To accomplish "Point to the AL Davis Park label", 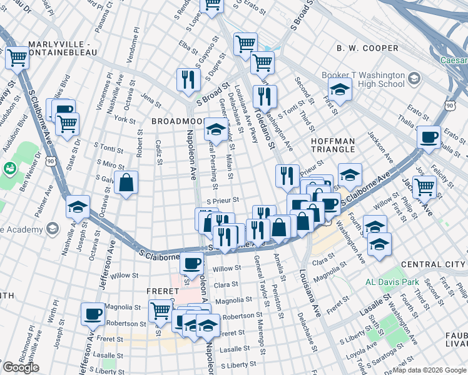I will coord(392,282).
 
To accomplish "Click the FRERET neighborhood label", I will coord(163,291).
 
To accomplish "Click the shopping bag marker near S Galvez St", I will coord(126,183).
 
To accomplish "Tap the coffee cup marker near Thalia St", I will coord(429,138).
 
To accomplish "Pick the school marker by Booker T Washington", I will coord(340,90).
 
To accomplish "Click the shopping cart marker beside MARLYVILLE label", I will coord(18,57).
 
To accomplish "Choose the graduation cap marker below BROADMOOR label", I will coord(216,131).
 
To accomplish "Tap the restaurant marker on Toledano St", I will coord(265,96).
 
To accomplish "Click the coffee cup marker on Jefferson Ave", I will coord(93,314).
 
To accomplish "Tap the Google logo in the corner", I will coord(21,367).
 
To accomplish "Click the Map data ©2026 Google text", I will coord(429,370).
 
